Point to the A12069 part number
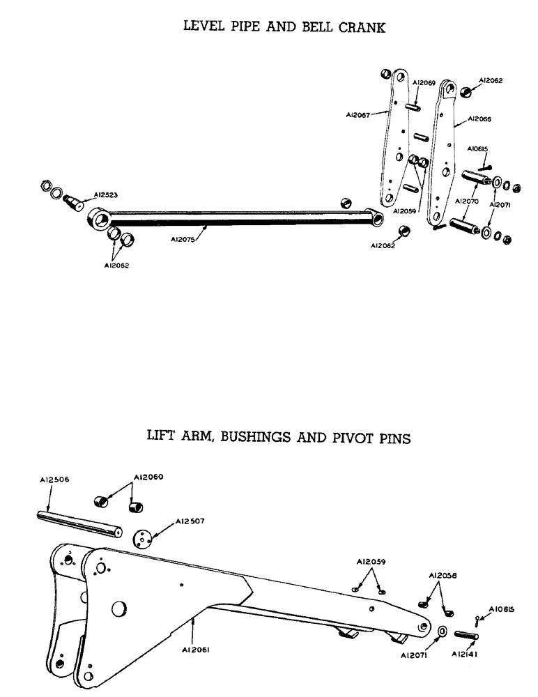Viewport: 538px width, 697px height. click(424, 83)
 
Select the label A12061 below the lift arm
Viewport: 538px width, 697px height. click(206, 649)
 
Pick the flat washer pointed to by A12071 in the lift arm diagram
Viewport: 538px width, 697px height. click(442, 632)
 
